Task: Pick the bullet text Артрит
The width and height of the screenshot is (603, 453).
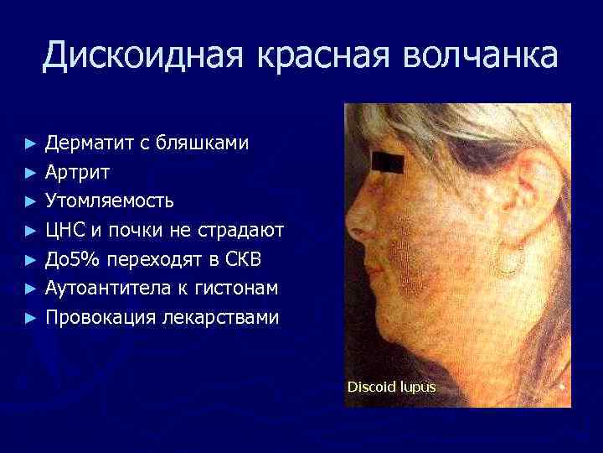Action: point(77,172)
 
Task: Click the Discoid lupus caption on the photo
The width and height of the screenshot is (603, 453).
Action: point(391,388)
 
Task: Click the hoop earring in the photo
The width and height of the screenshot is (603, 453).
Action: point(506,259)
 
